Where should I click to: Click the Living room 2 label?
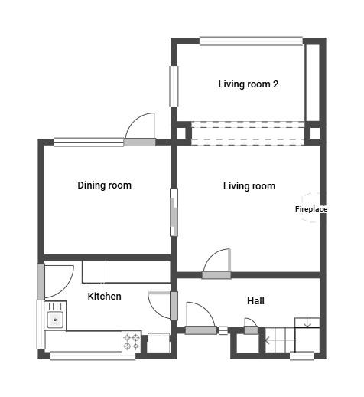pos(248,84)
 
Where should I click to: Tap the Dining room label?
pos(105,185)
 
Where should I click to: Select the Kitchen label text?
pos(105,297)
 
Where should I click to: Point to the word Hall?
pos(255,300)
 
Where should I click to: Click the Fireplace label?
pos(311,209)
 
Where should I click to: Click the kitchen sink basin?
pos(55,320)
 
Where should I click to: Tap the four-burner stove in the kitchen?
pos(132,342)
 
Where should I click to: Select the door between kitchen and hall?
pos(174,306)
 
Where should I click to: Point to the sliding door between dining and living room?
pos(174,212)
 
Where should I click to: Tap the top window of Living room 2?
pos(251,41)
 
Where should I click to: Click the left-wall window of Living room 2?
pos(174,86)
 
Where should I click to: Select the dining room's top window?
pos(89,142)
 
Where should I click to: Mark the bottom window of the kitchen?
pos(93,356)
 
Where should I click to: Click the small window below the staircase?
pos(302,356)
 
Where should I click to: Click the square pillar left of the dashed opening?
pos(181,133)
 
